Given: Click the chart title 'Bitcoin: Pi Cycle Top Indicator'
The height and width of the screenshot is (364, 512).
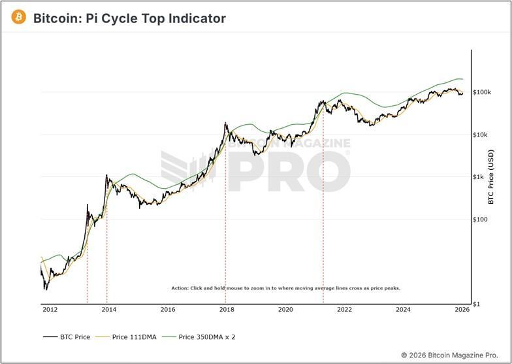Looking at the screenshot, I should (x=129, y=18).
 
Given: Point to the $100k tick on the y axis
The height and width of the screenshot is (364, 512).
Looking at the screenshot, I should (x=481, y=92).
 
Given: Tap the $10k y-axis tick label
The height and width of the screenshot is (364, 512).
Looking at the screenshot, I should (x=481, y=135).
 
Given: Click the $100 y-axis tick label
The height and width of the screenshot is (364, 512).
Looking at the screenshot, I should (x=481, y=220).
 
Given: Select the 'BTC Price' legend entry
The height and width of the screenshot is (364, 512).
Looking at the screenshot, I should (x=66, y=337).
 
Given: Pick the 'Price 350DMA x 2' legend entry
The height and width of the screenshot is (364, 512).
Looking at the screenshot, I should (x=199, y=337).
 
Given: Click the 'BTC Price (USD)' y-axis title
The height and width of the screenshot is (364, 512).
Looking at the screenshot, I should (x=490, y=176).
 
